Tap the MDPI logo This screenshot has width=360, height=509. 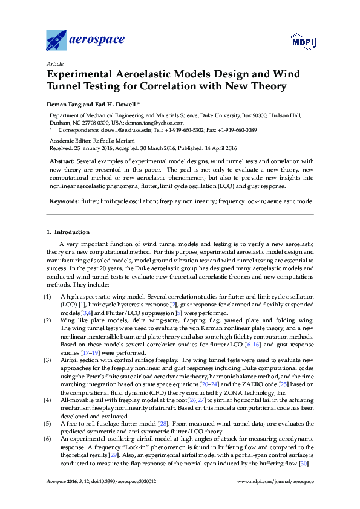pos(301,42)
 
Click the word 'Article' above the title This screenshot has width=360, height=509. pos(54,63)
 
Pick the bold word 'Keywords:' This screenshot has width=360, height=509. pos(64,199)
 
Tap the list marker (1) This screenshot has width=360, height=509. pos(47,297)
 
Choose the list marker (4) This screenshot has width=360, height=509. pos(47,400)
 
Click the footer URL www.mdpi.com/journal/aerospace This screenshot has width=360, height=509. pos(277,498)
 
